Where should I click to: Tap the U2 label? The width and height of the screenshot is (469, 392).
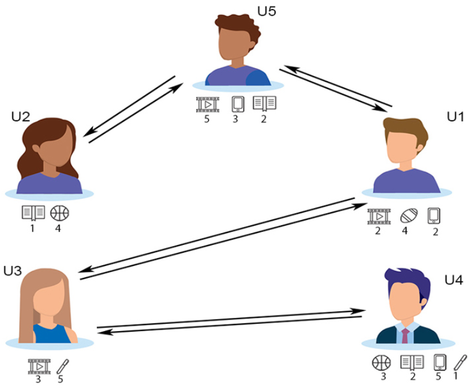[x=21, y=117]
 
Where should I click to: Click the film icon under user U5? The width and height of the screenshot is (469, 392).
[x=207, y=104]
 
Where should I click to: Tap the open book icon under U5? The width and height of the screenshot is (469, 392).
[x=264, y=104]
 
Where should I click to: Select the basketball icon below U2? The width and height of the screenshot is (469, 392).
[x=59, y=212]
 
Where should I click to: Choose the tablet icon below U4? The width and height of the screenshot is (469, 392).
[x=440, y=362]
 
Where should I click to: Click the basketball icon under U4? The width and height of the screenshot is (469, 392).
[x=381, y=362]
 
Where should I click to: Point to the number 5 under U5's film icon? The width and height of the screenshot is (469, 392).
[x=207, y=119]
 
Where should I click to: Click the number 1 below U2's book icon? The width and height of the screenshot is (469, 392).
[x=33, y=227]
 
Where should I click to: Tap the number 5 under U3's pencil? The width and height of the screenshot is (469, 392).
[x=61, y=379]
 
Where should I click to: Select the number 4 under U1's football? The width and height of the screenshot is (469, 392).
[x=404, y=231]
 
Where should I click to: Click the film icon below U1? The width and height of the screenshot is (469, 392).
[x=379, y=216]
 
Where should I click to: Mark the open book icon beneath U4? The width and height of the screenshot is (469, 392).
[x=412, y=362]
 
